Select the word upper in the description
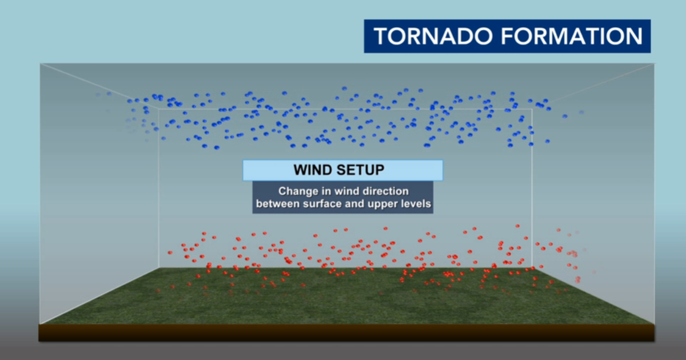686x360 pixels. click(380, 203)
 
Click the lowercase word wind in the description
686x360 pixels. click(348, 191)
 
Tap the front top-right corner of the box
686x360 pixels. click(653, 63)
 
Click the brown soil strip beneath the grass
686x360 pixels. click(343, 333)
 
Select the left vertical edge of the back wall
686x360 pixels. click(159, 189)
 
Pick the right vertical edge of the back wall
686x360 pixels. click(532, 189)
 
